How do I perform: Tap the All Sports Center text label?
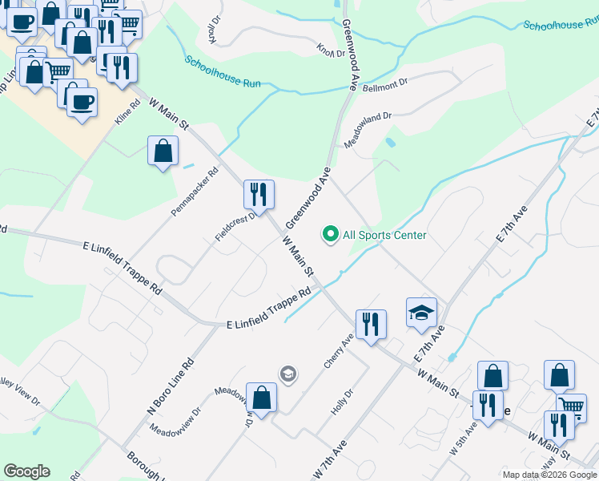click(x=384, y=235)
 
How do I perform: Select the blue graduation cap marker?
click(x=421, y=313)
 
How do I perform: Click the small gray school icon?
click(x=287, y=374)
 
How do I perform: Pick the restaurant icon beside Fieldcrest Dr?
click(x=259, y=195)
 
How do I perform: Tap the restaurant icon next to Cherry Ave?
click(x=371, y=325)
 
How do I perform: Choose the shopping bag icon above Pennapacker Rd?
click(x=163, y=151)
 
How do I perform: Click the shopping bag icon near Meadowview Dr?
click(x=261, y=397)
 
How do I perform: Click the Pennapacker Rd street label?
click(x=195, y=192)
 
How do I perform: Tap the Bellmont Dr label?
click(x=385, y=84)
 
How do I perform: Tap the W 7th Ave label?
click(x=328, y=454)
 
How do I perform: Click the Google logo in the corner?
click(x=26, y=471)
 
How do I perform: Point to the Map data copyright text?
click(x=549, y=475)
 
